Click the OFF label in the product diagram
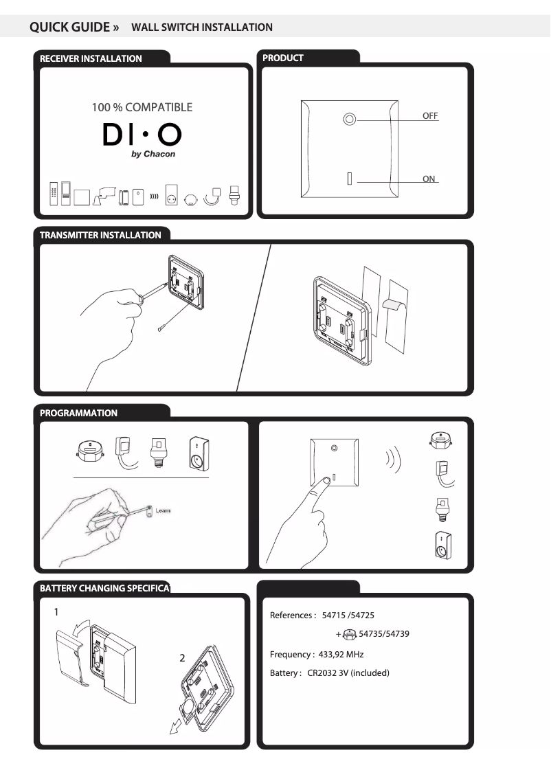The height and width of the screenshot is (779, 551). [x=430, y=116]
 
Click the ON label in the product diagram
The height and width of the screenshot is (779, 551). [x=429, y=179]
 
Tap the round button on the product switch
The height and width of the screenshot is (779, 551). [x=350, y=120]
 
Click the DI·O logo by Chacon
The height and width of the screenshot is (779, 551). [x=142, y=137]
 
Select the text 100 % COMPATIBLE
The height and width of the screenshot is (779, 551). [x=142, y=107]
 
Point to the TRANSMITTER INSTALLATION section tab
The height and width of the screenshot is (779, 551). [x=100, y=235]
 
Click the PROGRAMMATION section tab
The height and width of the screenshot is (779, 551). [x=78, y=413]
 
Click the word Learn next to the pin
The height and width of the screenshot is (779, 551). [x=163, y=511]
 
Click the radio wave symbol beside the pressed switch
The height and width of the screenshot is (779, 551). [x=393, y=460]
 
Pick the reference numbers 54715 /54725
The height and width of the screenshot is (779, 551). [x=348, y=616]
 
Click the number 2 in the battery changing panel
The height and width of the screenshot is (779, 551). [x=182, y=658]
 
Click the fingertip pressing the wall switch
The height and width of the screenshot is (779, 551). [x=324, y=482]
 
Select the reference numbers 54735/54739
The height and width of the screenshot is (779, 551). [x=384, y=633]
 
